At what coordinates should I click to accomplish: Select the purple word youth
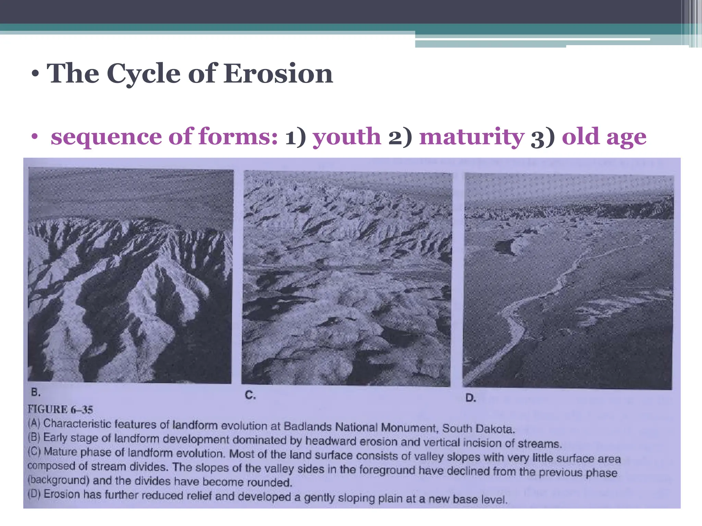point(347,136)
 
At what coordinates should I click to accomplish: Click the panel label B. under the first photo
point(36,392)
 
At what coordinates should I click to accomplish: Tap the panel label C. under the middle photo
point(250,396)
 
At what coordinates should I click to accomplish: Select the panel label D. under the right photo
point(471,398)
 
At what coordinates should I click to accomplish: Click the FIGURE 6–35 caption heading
point(60,409)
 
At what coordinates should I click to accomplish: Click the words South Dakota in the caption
point(479,428)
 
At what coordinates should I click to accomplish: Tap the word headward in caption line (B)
point(325,441)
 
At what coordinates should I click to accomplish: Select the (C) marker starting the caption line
point(34,451)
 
